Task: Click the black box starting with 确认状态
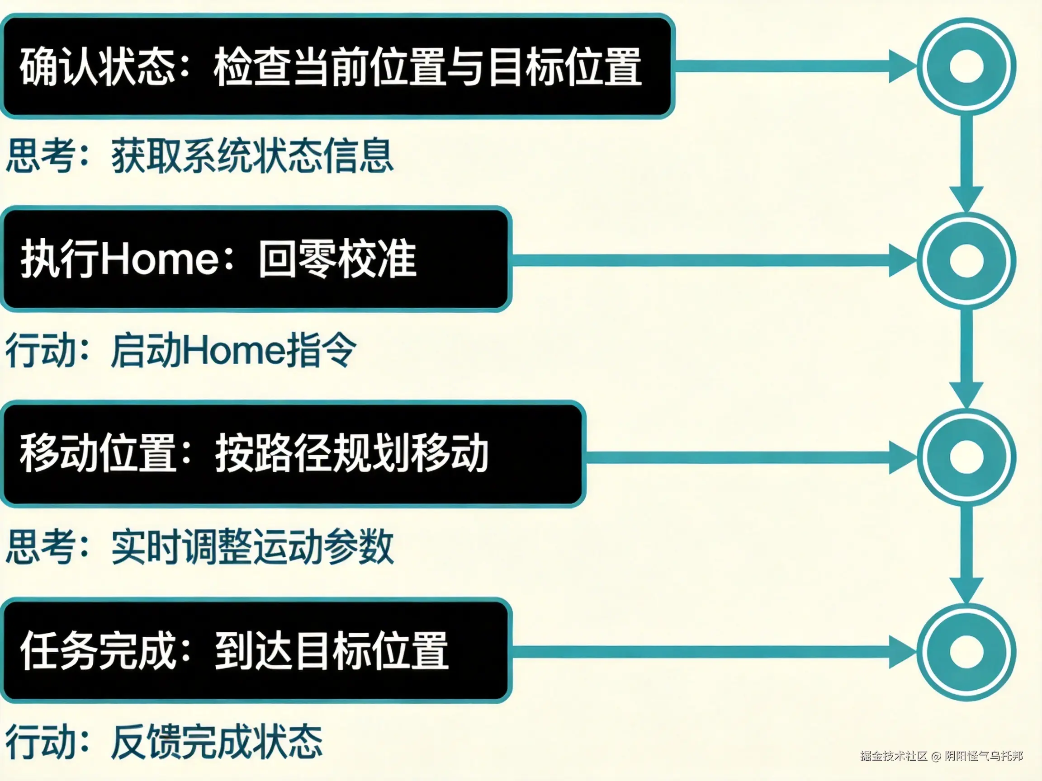pyautogui.click(x=337, y=66)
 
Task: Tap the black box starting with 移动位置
pyautogui.click(x=292, y=454)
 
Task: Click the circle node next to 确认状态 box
pyautogui.click(x=966, y=66)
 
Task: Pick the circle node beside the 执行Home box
pyautogui.click(x=966, y=260)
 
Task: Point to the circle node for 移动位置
pyautogui.click(x=966, y=456)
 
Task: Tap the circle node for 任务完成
pyautogui.click(x=966, y=652)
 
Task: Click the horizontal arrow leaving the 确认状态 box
pyautogui.click(x=791, y=66)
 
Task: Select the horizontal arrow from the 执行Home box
pyautogui.click(x=706, y=260)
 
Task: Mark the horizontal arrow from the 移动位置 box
pyautogui.click(x=744, y=456)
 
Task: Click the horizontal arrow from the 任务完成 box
pyautogui.click(x=706, y=652)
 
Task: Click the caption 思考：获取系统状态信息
pyautogui.click(x=200, y=155)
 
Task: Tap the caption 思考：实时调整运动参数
pyautogui.click(x=200, y=546)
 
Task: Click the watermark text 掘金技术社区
pyautogui.click(x=893, y=756)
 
